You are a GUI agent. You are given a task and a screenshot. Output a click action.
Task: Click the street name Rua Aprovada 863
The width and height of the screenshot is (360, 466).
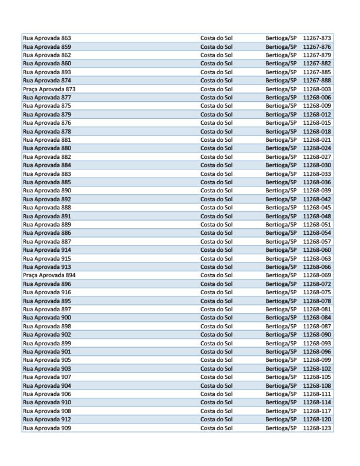point(47,38)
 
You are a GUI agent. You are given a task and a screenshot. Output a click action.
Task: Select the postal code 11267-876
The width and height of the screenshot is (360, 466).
point(317,46)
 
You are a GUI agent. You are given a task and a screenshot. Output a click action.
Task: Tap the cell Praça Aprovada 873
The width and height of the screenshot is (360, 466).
point(49,89)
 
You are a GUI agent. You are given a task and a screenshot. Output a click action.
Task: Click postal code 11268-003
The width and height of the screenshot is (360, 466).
point(317,89)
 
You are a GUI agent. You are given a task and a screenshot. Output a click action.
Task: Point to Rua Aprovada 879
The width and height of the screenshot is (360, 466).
point(47,114)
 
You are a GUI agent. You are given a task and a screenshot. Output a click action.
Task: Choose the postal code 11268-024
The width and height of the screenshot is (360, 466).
point(317,148)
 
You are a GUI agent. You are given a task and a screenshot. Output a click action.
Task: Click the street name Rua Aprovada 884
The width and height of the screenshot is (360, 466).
point(47,165)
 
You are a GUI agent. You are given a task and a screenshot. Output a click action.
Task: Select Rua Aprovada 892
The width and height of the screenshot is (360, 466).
point(47,199)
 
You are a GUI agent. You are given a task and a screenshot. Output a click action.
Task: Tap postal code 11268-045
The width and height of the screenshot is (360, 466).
point(317,208)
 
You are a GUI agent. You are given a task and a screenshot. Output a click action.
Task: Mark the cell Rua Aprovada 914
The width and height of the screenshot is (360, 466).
point(47,250)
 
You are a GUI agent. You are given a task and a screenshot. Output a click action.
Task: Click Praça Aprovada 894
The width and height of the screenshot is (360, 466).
point(49,275)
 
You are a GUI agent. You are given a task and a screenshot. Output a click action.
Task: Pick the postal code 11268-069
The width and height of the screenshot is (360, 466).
point(317,275)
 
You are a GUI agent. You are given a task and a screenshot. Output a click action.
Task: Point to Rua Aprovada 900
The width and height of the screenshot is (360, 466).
point(47,318)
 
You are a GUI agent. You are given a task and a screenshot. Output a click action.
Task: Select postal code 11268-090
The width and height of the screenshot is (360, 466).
point(317,335)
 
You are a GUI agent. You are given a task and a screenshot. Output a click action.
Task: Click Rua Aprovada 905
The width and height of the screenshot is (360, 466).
point(47,360)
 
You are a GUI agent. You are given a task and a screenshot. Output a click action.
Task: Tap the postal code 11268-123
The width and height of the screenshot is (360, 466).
point(317,428)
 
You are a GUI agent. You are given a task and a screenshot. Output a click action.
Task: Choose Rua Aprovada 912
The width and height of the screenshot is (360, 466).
point(47,420)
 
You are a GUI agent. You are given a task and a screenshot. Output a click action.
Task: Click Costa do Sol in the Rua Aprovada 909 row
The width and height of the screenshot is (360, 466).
point(216,428)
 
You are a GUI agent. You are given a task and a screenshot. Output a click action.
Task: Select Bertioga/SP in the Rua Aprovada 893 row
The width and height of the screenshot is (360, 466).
point(281,72)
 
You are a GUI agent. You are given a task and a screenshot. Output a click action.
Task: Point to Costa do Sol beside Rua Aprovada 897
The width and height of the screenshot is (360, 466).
point(216,309)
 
